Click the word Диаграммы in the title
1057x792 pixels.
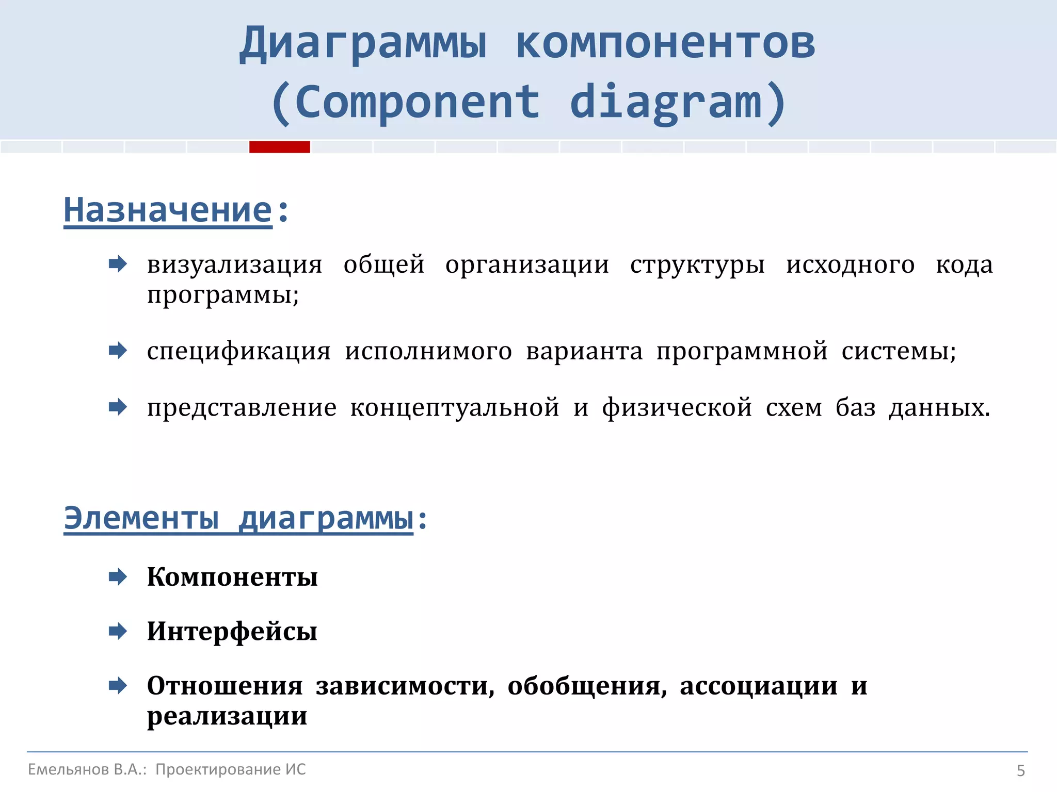(363, 44)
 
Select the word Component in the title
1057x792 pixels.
(417, 103)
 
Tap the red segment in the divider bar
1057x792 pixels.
(279, 147)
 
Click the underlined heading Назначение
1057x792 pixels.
(168, 210)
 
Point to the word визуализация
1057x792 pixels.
(234, 265)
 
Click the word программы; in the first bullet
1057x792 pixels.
(223, 295)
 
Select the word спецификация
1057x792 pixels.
(238, 352)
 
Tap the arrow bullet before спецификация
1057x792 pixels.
(118, 351)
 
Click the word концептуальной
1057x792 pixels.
(455, 408)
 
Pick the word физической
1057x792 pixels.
(677, 408)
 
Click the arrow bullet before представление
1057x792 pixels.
(118, 407)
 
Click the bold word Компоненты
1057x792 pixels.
(232, 577)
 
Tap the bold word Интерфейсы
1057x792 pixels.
(232, 632)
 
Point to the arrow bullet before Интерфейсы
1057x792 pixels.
(118, 631)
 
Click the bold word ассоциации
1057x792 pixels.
(758, 686)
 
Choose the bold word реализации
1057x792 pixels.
(227, 716)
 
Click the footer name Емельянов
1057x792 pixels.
(68, 769)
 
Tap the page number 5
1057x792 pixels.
(1020, 770)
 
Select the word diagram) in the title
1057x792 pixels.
(678, 103)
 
